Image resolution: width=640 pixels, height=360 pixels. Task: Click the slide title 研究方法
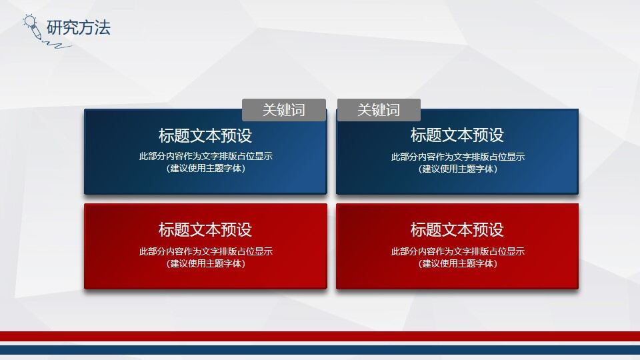pos(78,27)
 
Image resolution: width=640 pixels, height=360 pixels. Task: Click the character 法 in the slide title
pos(102,27)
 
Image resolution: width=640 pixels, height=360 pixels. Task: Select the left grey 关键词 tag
pos(283,110)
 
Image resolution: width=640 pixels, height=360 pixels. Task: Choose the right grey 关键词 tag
pos(379,110)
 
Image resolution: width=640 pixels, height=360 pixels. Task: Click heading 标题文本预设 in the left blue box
pos(205,135)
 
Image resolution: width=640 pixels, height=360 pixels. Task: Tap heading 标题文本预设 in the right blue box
pos(457,135)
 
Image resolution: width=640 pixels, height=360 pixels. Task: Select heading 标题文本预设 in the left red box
pos(205,230)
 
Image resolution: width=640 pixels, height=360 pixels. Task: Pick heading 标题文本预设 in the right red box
pos(457,230)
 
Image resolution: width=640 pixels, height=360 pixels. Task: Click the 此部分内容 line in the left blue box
pos(205,157)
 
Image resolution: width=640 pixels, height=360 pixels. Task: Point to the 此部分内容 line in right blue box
pos(457,157)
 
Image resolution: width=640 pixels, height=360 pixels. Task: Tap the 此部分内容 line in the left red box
pos(205,251)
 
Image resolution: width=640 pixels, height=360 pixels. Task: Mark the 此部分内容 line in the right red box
pos(457,251)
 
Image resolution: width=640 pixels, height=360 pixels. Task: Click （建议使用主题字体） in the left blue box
pos(205,169)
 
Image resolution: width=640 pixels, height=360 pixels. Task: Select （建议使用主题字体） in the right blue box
pos(457,169)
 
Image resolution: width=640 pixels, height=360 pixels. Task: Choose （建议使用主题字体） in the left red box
pos(205,263)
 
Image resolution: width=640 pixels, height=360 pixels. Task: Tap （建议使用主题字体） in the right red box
pos(457,263)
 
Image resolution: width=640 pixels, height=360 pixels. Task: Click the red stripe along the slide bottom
pos(320,336)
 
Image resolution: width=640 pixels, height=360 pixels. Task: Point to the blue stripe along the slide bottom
pos(320,350)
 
